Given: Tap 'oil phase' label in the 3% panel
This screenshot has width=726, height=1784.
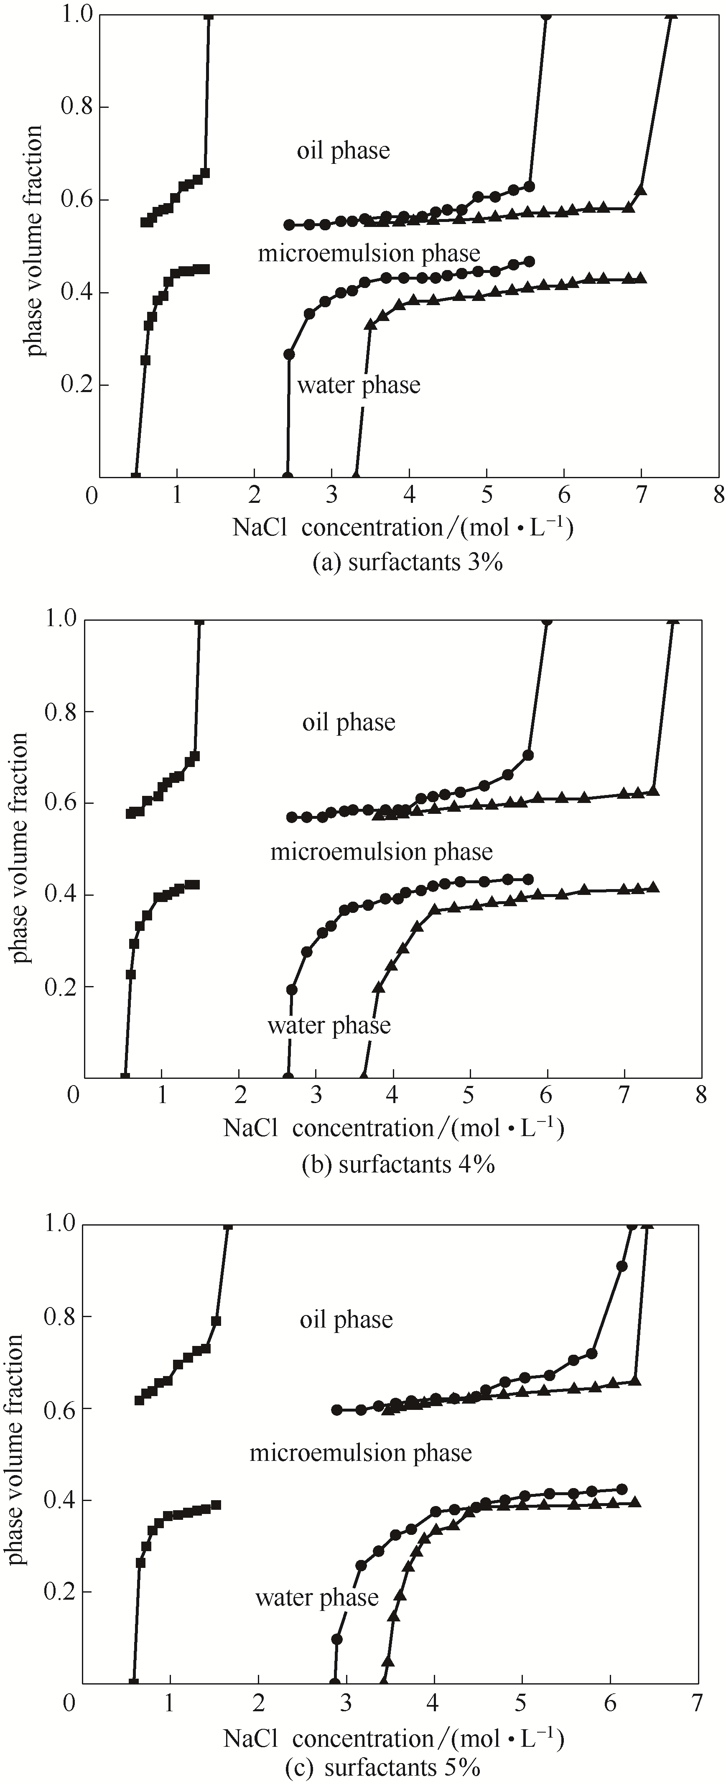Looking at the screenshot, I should [x=344, y=151].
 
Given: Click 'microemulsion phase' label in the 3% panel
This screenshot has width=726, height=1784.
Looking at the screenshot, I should [x=369, y=253].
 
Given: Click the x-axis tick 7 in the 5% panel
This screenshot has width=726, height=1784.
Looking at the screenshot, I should [x=696, y=1701].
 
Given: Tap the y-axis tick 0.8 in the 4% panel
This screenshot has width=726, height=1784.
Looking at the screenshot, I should [x=60, y=712].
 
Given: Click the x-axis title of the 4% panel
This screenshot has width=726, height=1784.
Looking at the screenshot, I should [x=393, y=1129].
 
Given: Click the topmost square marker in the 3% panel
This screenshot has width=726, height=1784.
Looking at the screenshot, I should [x=209, y=15].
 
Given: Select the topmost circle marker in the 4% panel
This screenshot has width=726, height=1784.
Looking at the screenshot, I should [x=547, y=620].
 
